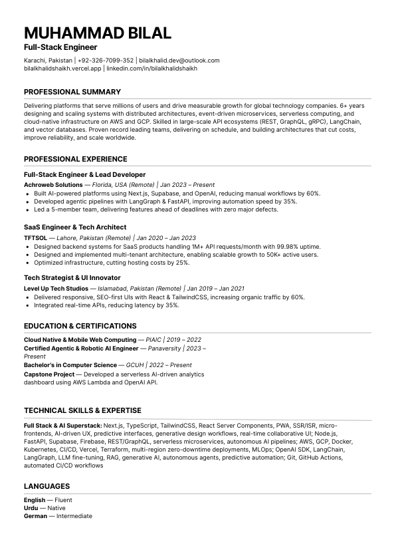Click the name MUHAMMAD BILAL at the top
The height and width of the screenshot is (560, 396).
tap(98, 33)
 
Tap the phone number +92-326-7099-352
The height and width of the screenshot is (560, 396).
tap(106, 61)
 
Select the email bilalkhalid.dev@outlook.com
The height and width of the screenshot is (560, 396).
tap(179, 61)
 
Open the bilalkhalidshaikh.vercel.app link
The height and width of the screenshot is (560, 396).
tap(62, 69)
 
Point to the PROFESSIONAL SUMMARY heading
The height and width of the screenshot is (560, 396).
tap(72, 92)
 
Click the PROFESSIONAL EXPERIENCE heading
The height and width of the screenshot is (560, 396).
tap(75, 159)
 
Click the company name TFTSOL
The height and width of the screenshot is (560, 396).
tap(35, 237)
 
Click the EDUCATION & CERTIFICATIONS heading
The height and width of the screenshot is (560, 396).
tap(80, 326)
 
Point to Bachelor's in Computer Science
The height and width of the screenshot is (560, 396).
tap(70, 365)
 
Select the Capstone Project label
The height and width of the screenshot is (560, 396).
tap(49, 374)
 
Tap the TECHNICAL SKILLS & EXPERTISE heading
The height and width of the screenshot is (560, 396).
tap(82, 410)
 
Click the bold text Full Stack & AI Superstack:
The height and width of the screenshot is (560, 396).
tap(62, 425)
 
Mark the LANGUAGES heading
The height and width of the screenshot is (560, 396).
tap(47, 486)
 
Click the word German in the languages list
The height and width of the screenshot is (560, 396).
tap(35, 516)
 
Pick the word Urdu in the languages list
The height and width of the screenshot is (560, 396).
tap(31, 508)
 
